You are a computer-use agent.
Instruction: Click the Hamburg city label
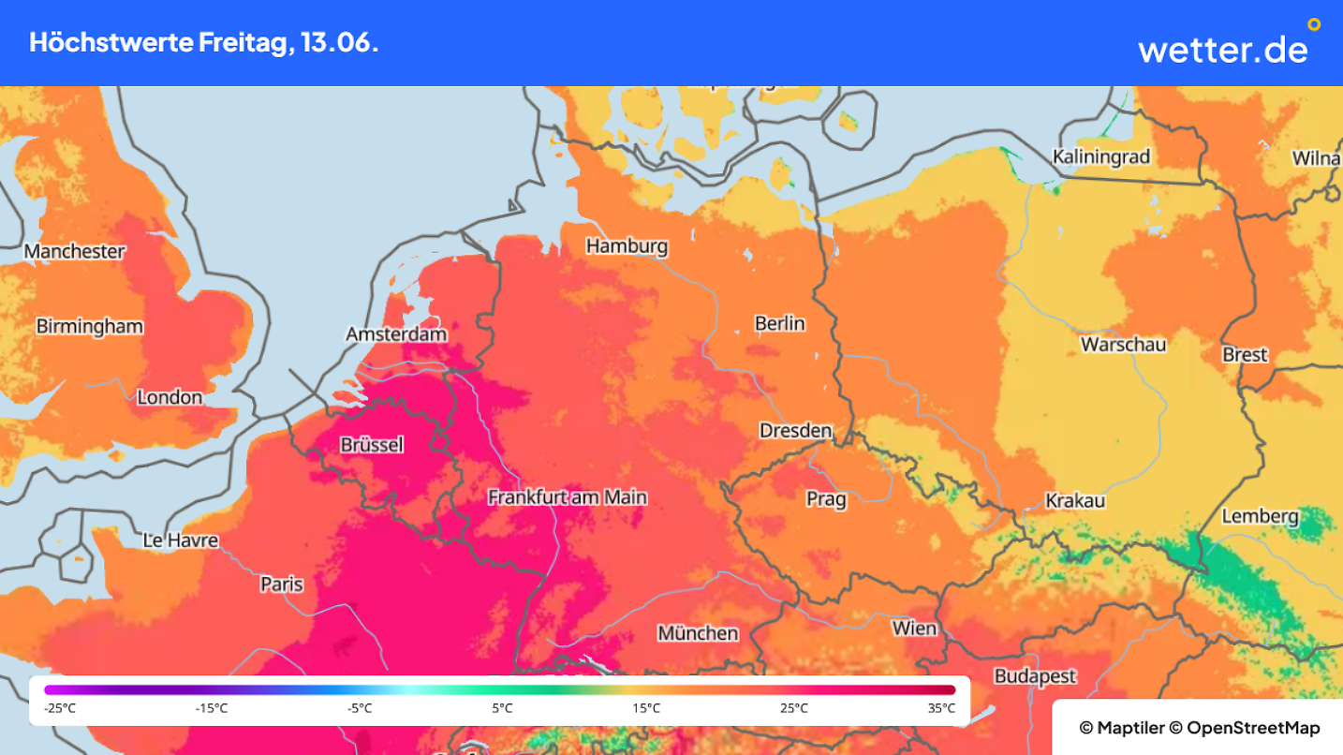tap(627, 246)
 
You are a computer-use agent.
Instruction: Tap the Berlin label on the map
tap(779, 323)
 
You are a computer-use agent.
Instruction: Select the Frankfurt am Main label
tap(568, 497)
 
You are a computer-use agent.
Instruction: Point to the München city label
tap(697, 633)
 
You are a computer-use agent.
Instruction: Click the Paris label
tap(282, 585)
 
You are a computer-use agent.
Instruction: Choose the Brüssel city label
tap(372, 445)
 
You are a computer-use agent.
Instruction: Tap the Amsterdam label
tap(396, 334)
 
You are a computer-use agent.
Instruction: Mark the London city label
tap(170, 397)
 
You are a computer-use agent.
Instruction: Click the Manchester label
tap(75, 251)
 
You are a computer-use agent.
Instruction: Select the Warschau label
tap(1123, 345)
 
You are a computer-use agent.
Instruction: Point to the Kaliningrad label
tap(1100, 157)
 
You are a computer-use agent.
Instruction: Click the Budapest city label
tap(1035, 676)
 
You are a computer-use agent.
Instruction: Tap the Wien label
tap(914, 628)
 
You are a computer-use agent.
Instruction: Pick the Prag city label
tap(826, 499)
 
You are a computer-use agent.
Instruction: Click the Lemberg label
tap(1260, 516)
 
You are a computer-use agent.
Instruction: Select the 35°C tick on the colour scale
tap(941, 708)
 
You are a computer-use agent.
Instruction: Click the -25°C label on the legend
tap(60, 708)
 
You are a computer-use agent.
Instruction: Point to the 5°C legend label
tap(503, 708)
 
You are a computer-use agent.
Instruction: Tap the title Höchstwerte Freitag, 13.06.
tap(204, 43)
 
